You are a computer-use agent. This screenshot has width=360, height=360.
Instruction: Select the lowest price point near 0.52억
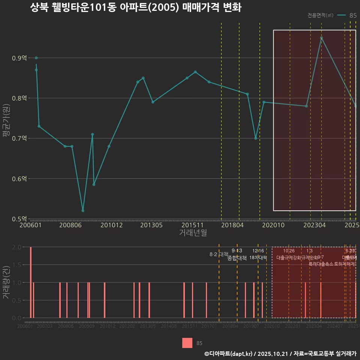[x=83, y=211]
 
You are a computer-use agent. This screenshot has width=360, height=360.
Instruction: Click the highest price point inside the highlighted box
[x=321, y=38]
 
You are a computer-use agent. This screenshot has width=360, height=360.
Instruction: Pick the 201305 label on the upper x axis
[x=151, y=225]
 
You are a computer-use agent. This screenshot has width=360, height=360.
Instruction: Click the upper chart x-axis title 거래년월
[x=193, y=233]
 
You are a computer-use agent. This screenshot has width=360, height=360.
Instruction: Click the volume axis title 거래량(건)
[x=6, y=282]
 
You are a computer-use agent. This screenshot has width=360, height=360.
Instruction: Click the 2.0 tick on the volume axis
[x=17, y=247]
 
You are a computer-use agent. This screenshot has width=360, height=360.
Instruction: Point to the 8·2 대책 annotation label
[x=219, y=254]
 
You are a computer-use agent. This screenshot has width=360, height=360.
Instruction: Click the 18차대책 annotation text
[x=258, y=258]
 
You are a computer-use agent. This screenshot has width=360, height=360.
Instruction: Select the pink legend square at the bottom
[x=187, y=343]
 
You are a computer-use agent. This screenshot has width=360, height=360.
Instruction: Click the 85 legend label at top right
[x=353, y=15]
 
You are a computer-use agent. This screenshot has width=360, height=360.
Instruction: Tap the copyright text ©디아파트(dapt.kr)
[x=229, y=354]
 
